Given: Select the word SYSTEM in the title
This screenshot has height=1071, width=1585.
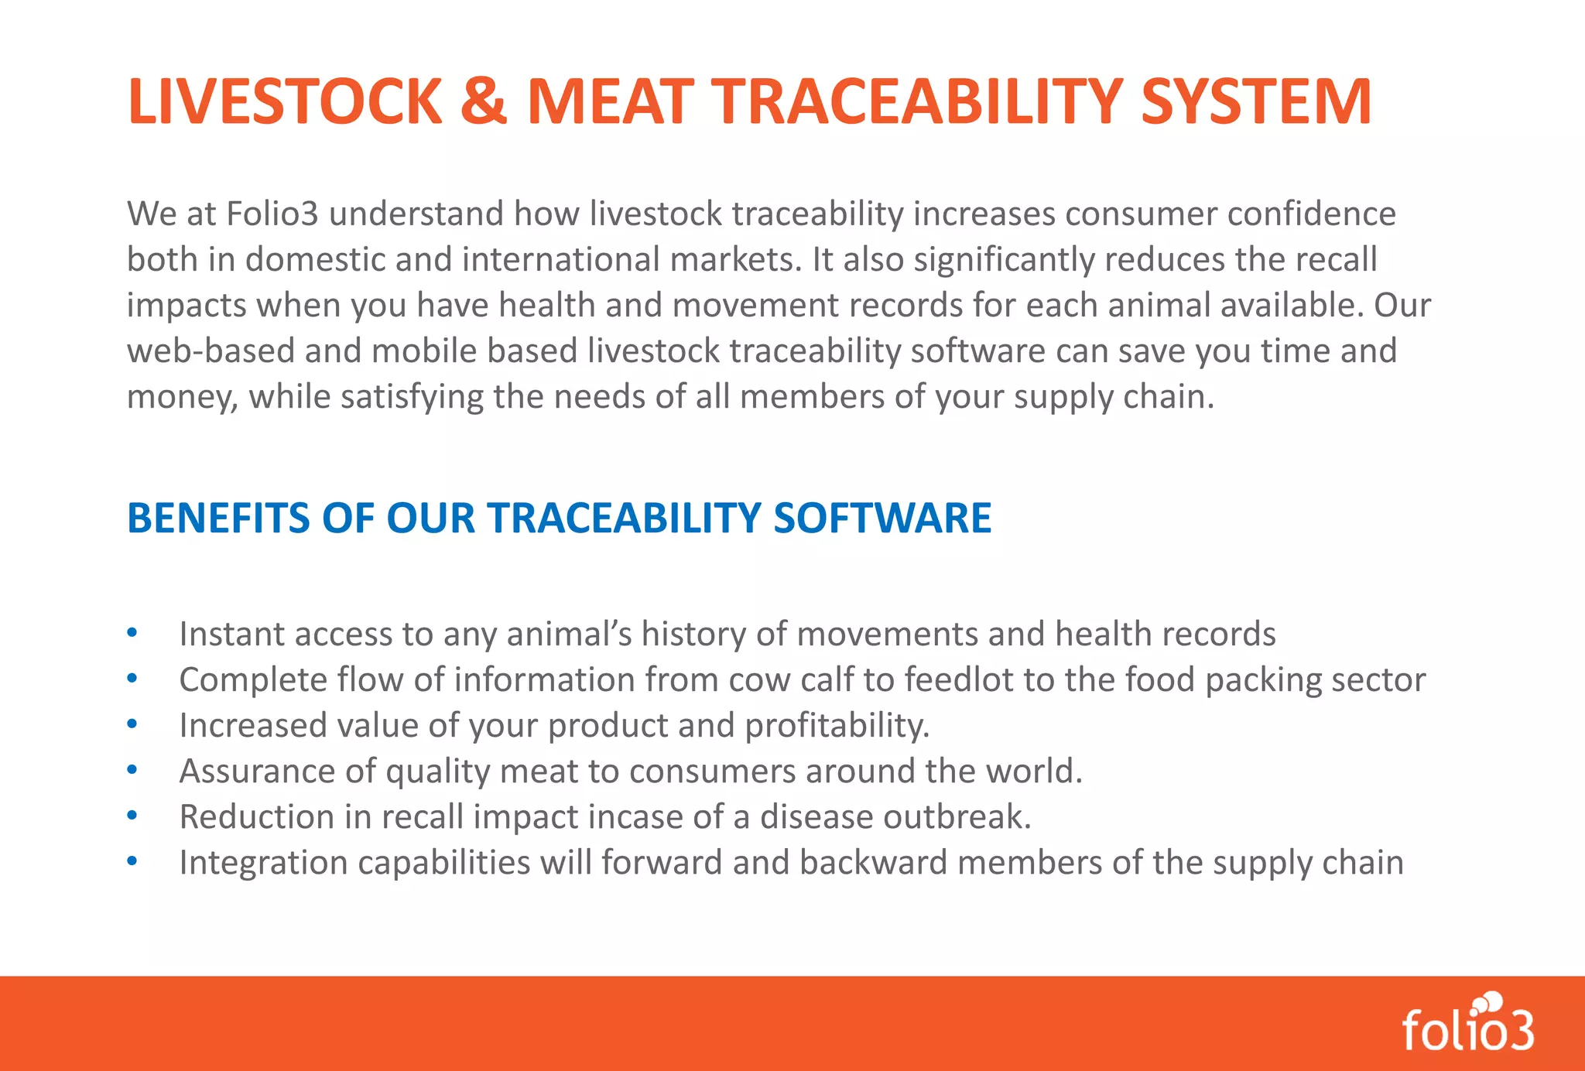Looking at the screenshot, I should click(1255, 101).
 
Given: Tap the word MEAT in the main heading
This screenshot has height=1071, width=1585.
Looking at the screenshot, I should click(611, 101).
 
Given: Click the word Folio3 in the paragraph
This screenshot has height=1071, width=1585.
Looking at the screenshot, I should click(272, 214).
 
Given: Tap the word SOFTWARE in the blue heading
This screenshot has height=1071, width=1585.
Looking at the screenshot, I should click(882, 518).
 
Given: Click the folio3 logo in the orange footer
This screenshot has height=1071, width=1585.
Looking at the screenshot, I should click(1468, 1023).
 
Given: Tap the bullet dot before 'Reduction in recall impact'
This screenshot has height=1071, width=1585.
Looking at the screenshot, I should click(132, 815).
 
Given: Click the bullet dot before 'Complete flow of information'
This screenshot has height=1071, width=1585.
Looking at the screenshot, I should click(132, 678).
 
